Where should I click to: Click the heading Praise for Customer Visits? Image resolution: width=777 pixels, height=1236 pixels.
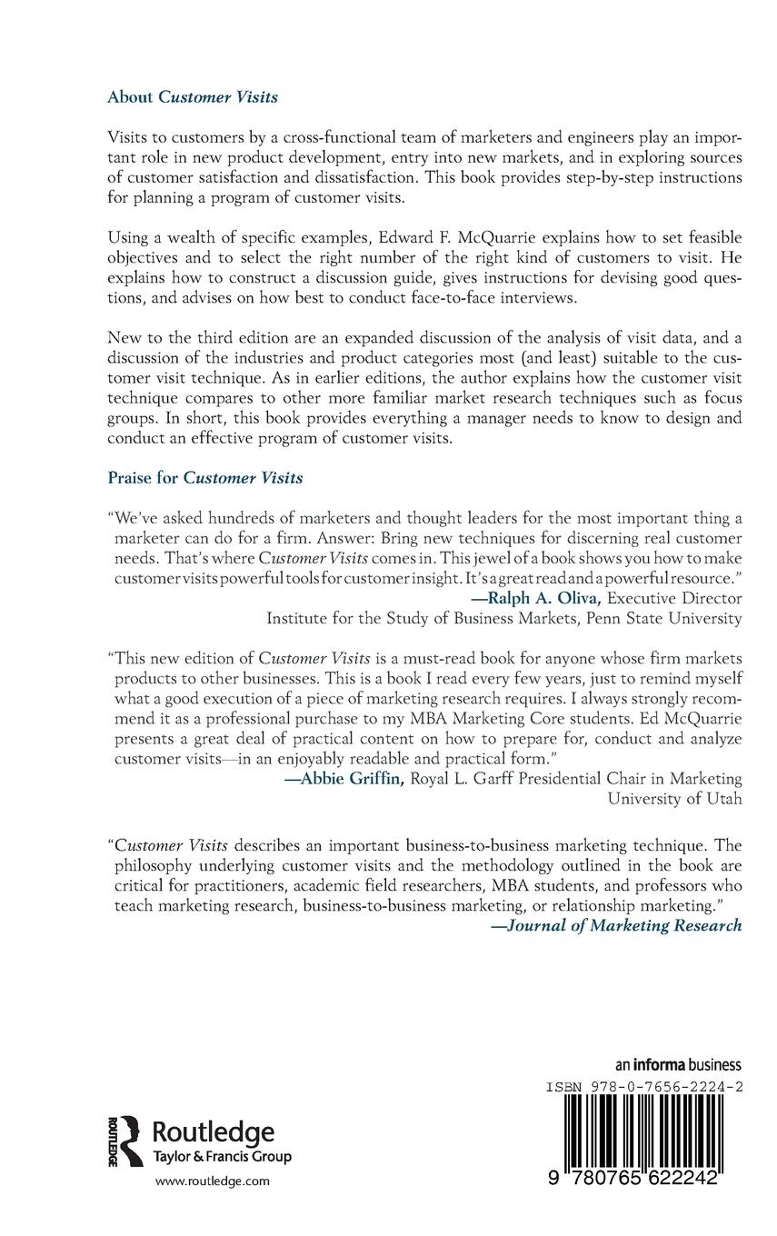205,476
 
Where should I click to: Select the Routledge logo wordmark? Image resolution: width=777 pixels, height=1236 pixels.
213,1131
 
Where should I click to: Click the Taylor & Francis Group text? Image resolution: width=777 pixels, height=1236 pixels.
221,1156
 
